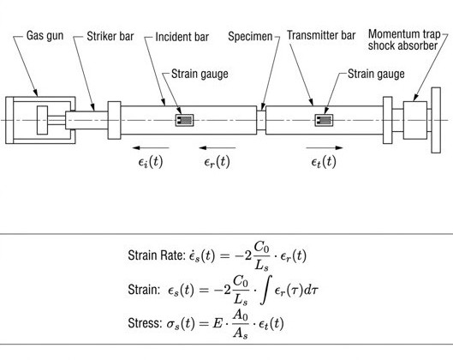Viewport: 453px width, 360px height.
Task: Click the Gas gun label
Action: point(45,35)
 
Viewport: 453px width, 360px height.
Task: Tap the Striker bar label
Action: point(110,37)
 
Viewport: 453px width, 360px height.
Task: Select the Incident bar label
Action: point(182,37)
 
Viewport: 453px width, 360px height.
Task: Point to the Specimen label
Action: point(250,37)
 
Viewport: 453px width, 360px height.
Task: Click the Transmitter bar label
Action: point(321,35)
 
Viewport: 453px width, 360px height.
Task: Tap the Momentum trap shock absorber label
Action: point(404,40)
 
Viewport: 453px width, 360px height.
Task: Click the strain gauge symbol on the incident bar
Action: point(184,120)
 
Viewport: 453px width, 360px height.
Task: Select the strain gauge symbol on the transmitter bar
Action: point(324,120)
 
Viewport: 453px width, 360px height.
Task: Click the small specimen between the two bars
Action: point(261,120)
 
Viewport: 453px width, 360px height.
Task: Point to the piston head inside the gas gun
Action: point(42,120)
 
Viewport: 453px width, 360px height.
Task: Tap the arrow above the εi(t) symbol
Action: point(151,147)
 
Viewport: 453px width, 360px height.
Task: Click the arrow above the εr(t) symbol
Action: point(217,147)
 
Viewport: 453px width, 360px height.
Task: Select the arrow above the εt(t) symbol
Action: point(325,147)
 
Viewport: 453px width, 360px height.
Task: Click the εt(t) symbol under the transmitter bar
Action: point(324,161)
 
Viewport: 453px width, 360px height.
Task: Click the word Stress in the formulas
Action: point(145,322)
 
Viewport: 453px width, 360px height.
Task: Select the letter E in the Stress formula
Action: point(218,323)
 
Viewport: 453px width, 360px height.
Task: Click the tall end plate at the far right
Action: point(436,120)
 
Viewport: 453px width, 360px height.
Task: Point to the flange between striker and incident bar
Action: point(114,120)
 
